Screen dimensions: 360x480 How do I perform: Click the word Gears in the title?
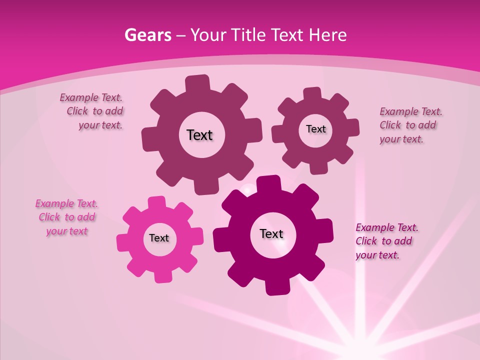tap(147, 35)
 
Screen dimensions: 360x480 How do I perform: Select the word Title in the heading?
tap(247, 35)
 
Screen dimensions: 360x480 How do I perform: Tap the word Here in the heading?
tap(327, 35)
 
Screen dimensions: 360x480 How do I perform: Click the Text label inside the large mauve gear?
tap(199, 135)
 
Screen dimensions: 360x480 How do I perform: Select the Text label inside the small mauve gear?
tap(315, 129)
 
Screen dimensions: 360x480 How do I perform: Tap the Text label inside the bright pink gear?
tap(159, 238)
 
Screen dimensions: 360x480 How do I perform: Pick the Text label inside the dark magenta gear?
tap(271, 233)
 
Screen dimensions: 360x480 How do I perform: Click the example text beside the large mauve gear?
tap(93, 111)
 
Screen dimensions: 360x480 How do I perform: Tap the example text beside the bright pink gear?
tap(66, 217)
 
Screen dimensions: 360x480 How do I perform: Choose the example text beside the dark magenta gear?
tap(385, 241)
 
